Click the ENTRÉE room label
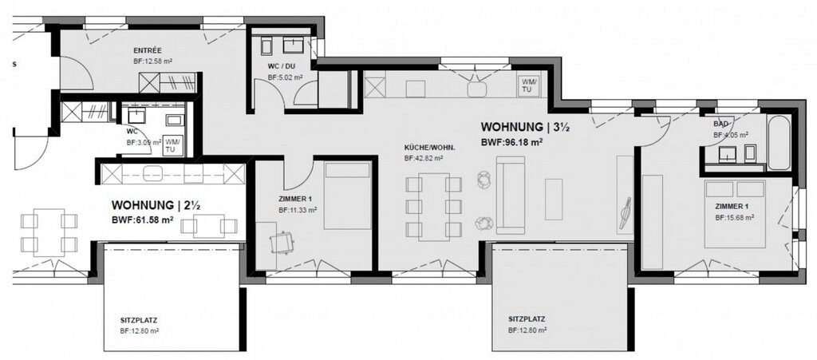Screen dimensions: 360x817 click(x=148, y=49)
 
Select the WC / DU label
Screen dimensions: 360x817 click(x=282, y=67)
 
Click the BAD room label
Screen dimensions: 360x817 click(x=721, y=125)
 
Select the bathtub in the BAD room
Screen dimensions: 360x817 click(x=778, y=143)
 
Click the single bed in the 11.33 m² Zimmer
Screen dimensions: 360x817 click(x=348, y=195)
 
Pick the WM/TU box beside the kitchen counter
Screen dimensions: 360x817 click(x=529, y=85)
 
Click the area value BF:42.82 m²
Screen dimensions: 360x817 click(x=424, y=159)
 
